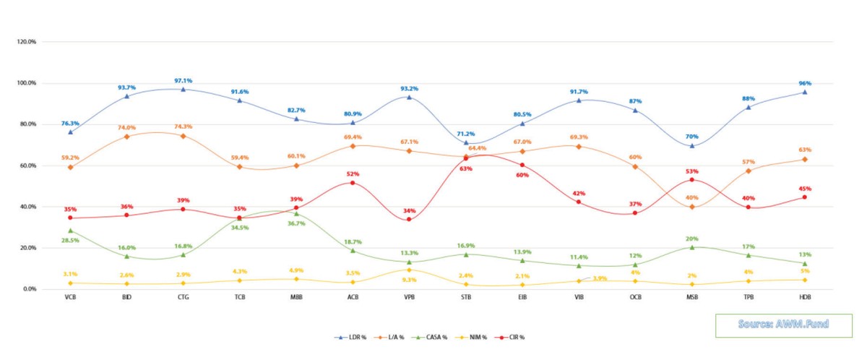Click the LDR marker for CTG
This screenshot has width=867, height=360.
coord(183,89)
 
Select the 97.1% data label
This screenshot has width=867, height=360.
coord(183,81)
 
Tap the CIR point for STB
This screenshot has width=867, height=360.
coord(465,158)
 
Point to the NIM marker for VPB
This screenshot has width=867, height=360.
coord(409,270)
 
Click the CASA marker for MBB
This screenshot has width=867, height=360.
coord(296,213)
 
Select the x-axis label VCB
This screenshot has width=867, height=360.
coord(70,297)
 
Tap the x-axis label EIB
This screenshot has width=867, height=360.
coord(522,297)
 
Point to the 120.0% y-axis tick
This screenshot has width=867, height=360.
coord(27,42)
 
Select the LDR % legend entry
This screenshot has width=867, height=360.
coord(350,338)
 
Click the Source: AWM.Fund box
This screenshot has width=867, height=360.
coord(782,325)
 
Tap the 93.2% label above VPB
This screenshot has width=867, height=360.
coord(409,89)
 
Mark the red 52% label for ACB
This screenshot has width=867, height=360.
coord(353,174)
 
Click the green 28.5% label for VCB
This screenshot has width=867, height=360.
coord(70,239)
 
